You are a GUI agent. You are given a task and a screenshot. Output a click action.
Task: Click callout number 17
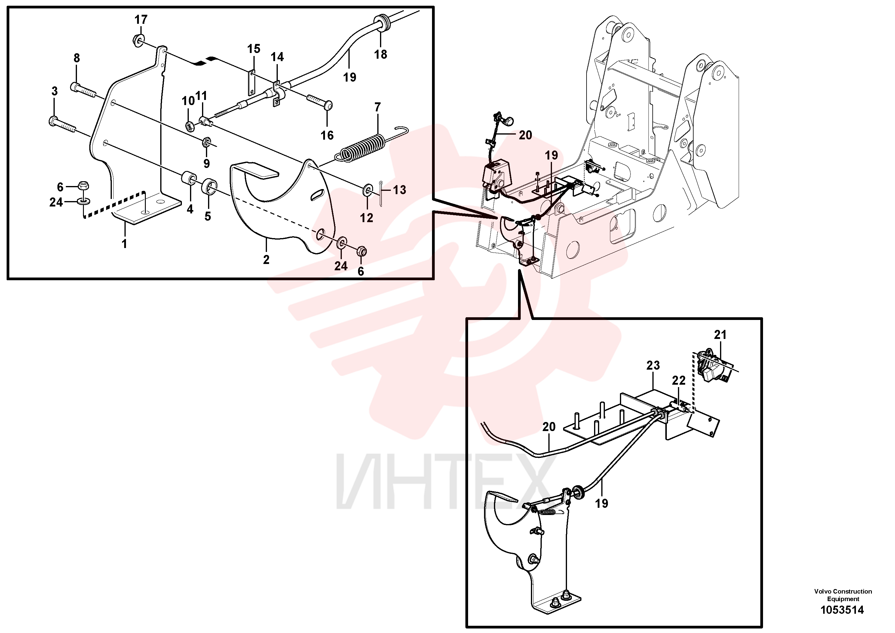click(x=141, y=20)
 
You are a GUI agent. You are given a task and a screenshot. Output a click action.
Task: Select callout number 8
click(x=76, y=58)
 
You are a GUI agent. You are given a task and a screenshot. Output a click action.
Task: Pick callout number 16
click(x=327, y=135)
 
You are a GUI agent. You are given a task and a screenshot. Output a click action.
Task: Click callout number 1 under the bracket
click(x=124, y=244)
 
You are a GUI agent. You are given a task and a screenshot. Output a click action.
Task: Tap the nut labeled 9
click(x=206, y=142)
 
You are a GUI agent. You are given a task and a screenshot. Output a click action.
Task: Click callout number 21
click(x=720, y=334)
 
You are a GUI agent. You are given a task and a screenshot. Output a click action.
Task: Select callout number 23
click(x=653, y=365)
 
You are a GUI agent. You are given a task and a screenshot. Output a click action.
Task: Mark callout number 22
click(x=679, y=380)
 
